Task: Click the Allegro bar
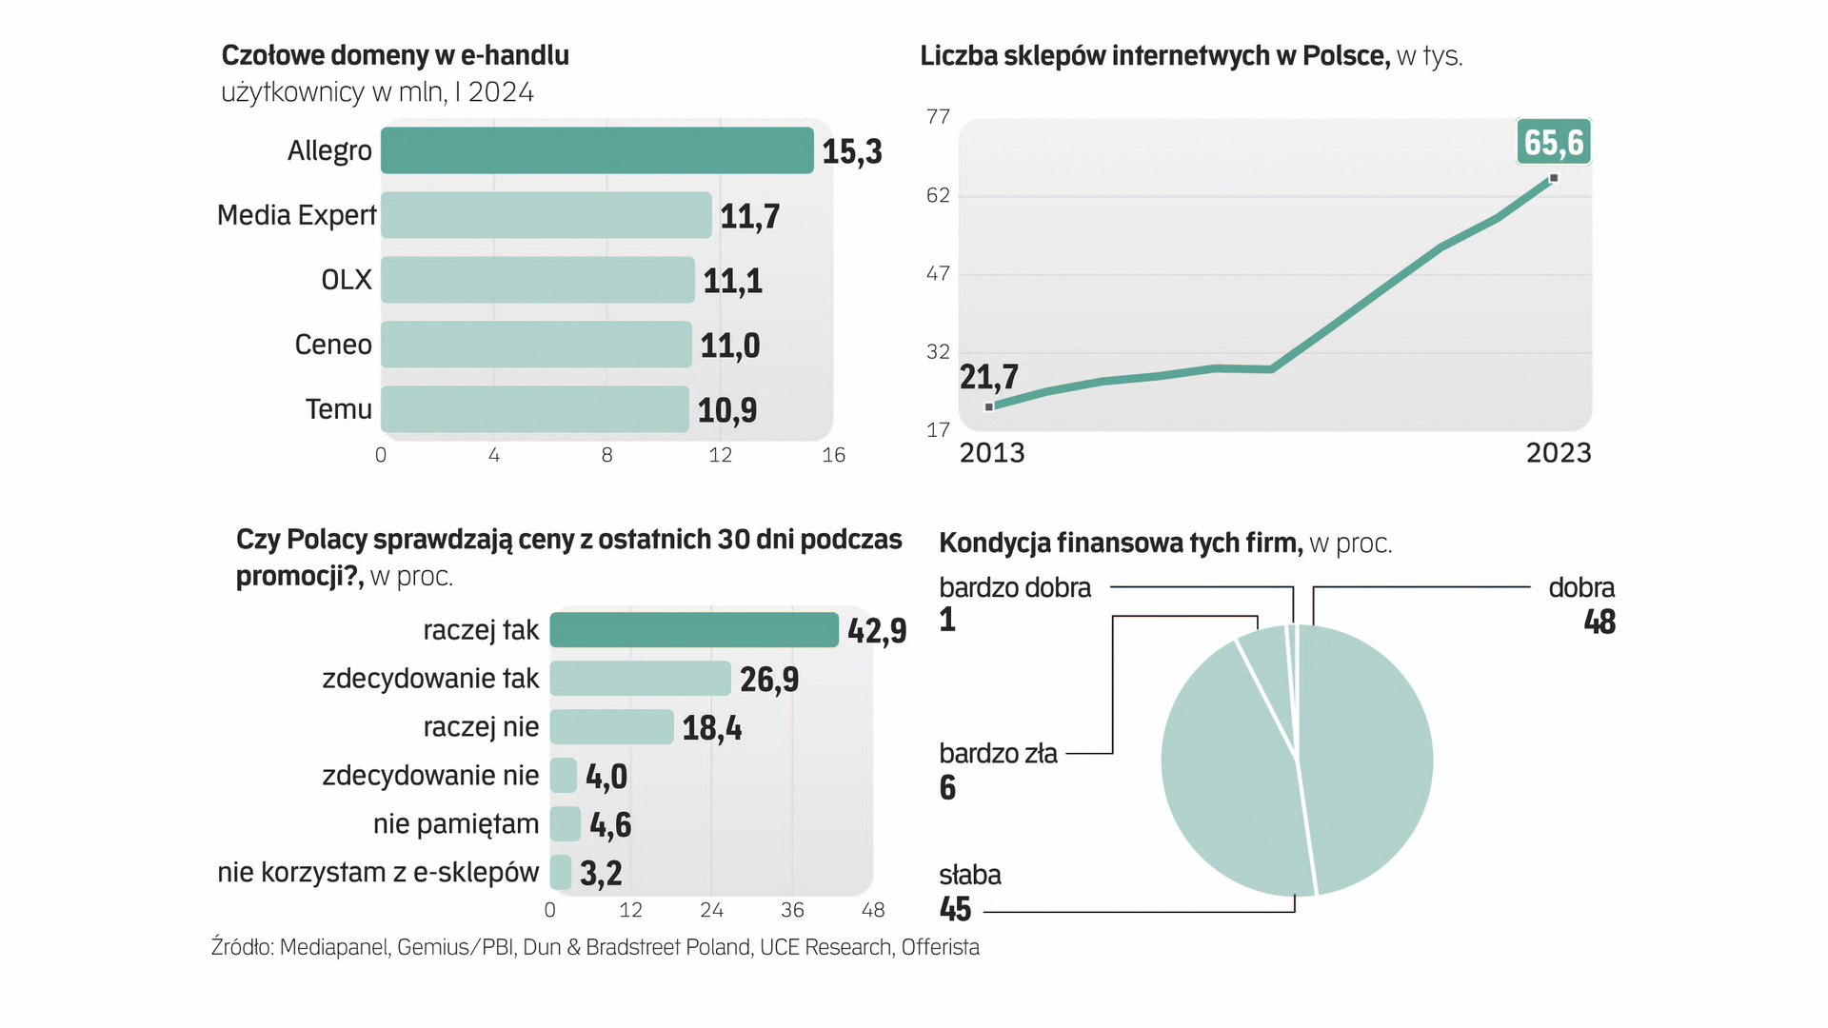click(597, 150)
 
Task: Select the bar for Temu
click(534, 409)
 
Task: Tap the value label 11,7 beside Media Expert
click(749, 217)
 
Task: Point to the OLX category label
click(347, 280)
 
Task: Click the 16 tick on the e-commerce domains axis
click(833, 455)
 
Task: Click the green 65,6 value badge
click(1553, 143)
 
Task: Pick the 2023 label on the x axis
click(1559, 453)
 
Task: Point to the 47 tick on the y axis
click(938, 274)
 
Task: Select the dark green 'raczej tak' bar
click(694, 630)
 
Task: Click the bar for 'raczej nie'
click(611, 727)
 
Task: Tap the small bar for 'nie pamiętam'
click(566, 824)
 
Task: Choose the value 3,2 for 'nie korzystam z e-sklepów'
click(601, 873)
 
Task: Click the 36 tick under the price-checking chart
click(792, 911)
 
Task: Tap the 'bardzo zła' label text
click(998, 754)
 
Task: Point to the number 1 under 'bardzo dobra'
click(947, 621)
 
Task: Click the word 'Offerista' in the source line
click(940, 948)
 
